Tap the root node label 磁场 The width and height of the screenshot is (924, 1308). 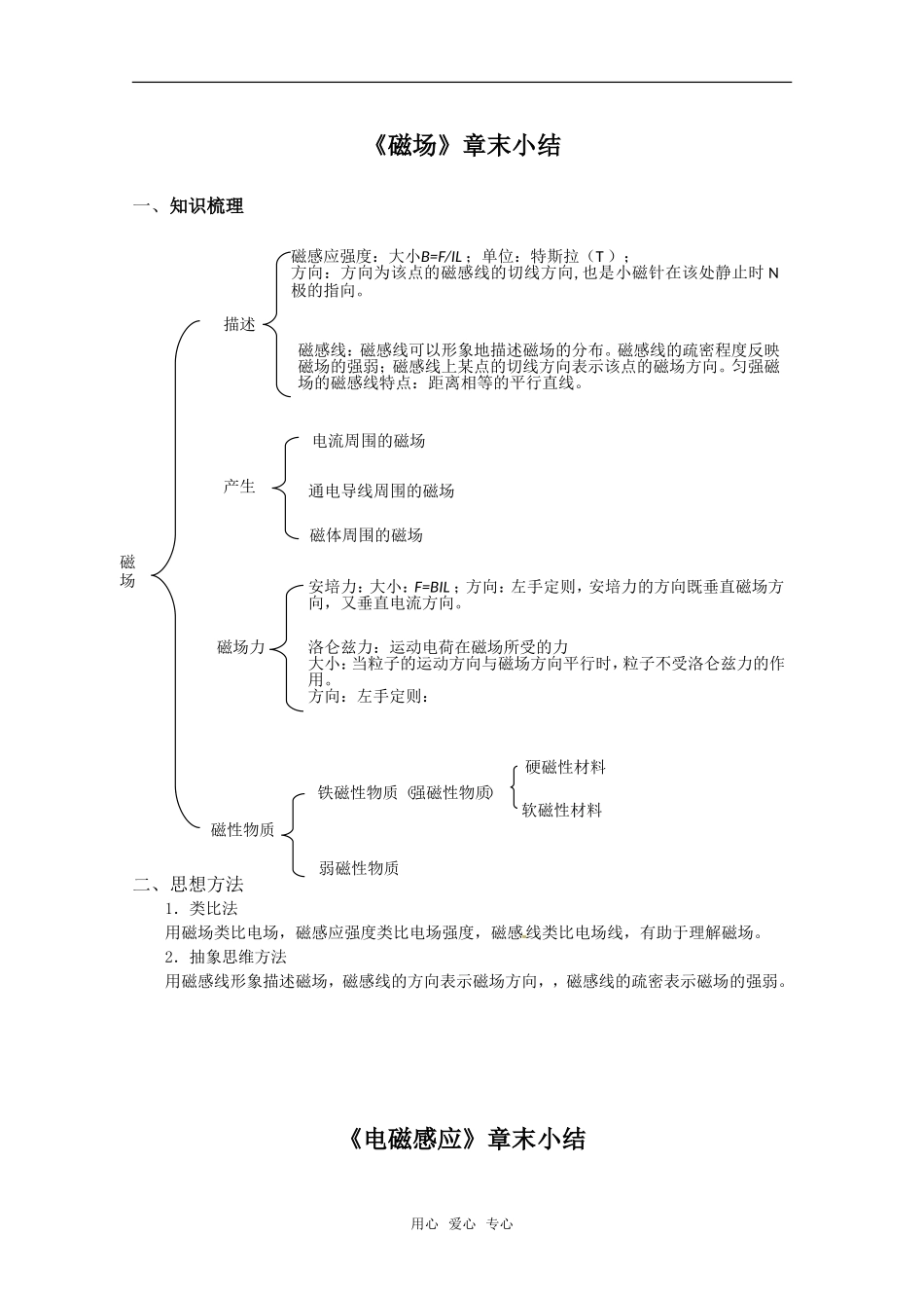[127, 571]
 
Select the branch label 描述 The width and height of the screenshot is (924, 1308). [239, 325]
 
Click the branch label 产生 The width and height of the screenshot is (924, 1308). [239, 487]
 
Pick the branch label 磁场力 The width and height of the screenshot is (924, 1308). [240, 647]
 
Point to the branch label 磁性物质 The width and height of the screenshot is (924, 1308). [243, 830]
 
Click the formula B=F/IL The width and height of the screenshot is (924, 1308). [441, 256]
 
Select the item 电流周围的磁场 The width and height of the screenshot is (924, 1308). [368, 441]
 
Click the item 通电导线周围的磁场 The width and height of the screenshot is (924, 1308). [381, 491]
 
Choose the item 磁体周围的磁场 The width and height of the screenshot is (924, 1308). [366, 535]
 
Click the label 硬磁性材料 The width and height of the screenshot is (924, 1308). [565, 768]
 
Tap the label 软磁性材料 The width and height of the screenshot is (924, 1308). [562, 810]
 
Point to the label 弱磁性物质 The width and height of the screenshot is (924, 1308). [359, 868]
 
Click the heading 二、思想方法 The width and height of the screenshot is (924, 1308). [189, 885]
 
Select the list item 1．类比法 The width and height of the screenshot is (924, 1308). [201, 908]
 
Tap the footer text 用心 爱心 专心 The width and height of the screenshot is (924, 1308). [462, 1224]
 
